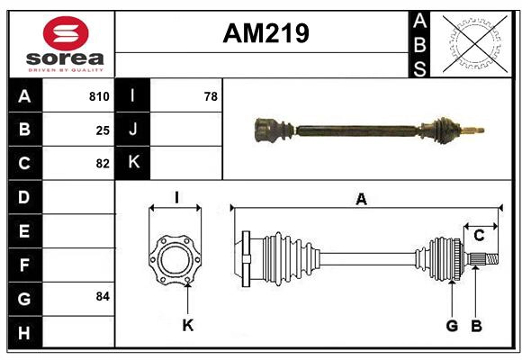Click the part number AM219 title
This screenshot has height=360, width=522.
[265, 33]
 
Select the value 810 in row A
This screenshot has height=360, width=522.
[99, 96]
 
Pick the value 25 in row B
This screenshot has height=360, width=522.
[103, 130]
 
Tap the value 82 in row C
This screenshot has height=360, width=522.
[103, 164]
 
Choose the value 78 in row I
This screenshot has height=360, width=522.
[211, 96]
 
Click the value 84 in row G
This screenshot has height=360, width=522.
[103, 296]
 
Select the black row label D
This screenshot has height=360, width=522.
[24, 196]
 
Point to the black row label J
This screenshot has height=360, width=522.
[133, 130]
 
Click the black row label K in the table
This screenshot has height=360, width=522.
[133, 163]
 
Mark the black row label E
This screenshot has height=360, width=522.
[24, 230]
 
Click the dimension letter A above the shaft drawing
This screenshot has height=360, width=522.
[361, 200]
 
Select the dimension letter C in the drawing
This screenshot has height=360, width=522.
[479, 236]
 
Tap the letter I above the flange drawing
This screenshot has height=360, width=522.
[176, 198]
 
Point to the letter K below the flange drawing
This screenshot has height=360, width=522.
[187, 326]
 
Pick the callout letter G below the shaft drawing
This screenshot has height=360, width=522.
[452, 326]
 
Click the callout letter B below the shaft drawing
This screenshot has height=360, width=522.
[477, 326]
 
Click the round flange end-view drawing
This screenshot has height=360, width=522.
[175, 259]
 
